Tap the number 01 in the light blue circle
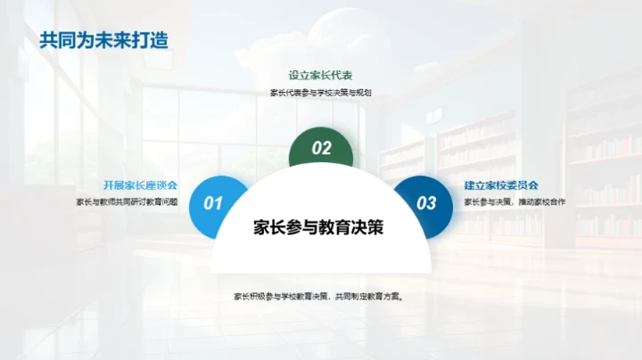point(214,204)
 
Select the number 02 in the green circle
point(321,149)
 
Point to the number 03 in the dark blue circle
point(427,204)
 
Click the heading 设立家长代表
point(320,76)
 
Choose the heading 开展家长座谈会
point(140,184)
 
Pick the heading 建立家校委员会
point(501,184)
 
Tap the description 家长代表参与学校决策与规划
point(320,93)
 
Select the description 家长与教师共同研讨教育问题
point(127,201)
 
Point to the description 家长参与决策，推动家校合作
point(514,201)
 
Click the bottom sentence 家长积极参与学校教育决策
point(282,297)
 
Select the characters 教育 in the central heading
point(334,227)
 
